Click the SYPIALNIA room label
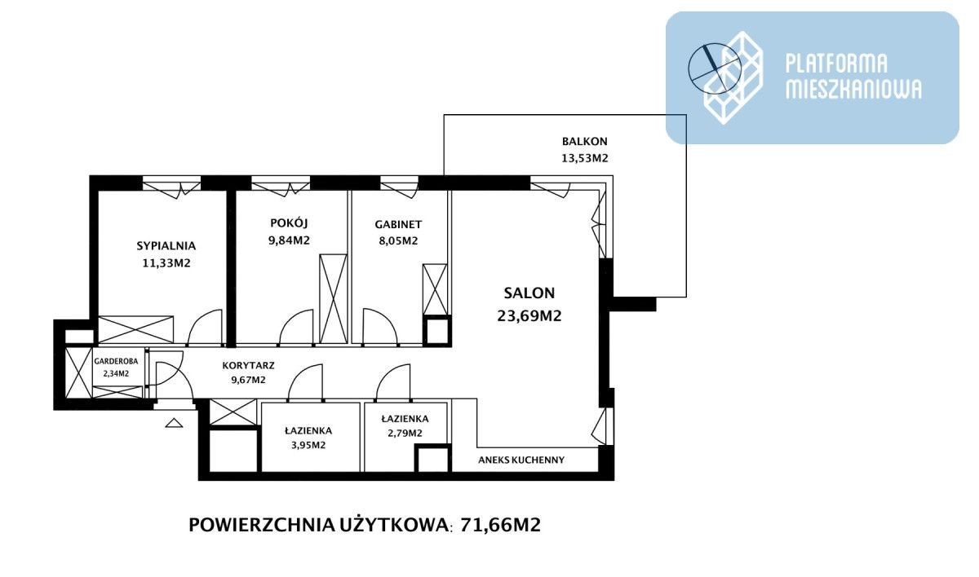tap(166, 246)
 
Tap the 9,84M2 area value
tap(289, 240)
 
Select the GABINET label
tap(398, 224)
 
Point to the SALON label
tap(529, 293)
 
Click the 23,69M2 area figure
tap(529, 315)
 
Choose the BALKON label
tap(585, 142)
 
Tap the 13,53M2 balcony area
tap(585, 158)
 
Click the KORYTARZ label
tap(248, 365)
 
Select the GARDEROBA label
tap(116, 361)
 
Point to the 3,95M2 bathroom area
tap(308, 445)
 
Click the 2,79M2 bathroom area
tap(405, 434)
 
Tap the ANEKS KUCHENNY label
tap(521, 460)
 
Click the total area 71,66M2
tap(500, 525)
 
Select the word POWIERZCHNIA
tap(261, 525)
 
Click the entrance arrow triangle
tap(174, 422)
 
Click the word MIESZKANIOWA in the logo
tap(853, 89)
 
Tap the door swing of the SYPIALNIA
tap(205, 327)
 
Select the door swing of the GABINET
tap(380, 327)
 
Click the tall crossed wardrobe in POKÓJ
tap(333, 299)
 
